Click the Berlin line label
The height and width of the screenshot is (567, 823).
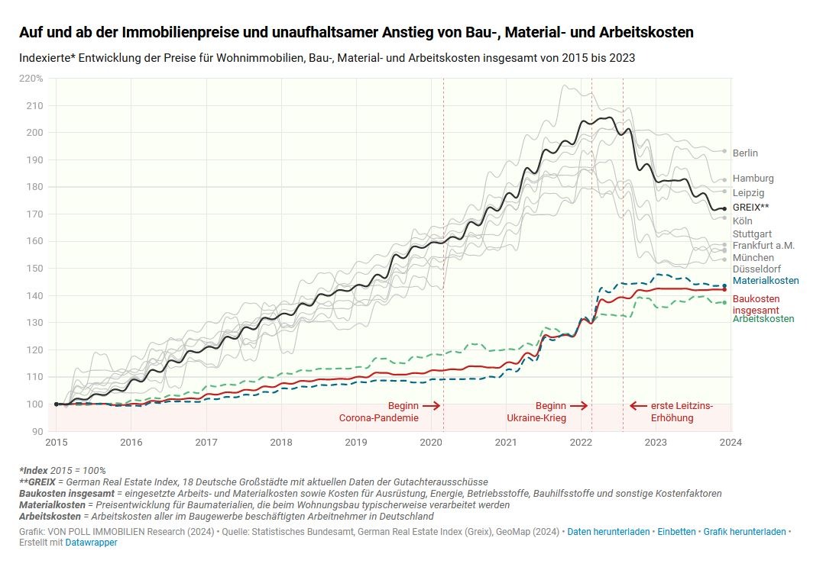point(745,153)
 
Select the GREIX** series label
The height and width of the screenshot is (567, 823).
point(750,207)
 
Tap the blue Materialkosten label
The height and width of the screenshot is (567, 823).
point(766,281)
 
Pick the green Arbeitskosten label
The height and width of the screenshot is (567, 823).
point(763,319)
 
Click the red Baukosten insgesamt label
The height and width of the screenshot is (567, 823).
point(756,304)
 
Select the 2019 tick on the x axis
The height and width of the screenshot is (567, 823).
point(355,442)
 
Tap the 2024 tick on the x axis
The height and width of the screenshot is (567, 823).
point(731,442)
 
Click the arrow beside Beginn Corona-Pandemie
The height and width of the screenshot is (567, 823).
point(432,406)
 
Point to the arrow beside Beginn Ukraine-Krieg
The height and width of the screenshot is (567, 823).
point(579,406)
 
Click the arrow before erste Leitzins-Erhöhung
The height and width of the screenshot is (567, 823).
point(637,406)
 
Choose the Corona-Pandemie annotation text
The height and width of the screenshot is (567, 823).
point(379,418)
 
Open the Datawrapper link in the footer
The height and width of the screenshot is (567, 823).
point(91,543)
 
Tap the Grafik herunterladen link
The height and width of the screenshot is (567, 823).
point(744,531)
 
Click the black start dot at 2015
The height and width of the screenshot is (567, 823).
point(57,404)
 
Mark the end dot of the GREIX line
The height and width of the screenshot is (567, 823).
point(724,208)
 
